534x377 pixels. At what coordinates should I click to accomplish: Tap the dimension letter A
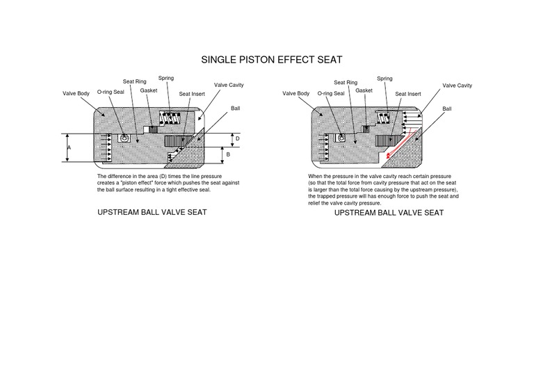point(69,148)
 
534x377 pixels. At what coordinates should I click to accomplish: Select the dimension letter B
point(229,154)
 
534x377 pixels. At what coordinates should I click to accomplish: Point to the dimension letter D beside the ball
point(237,139)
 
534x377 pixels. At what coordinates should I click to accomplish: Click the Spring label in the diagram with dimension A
point(166,78)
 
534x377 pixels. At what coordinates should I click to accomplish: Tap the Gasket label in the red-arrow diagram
point(364,90)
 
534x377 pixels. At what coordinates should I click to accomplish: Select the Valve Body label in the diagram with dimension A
point(76,93)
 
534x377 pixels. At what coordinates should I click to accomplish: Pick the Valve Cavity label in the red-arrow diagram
point(457,86)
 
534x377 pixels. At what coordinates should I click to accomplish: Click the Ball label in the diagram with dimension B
point(236,109)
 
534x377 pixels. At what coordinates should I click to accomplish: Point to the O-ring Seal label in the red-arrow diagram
point(331,93)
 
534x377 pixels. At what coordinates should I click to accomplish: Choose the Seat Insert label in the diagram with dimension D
point(191,93)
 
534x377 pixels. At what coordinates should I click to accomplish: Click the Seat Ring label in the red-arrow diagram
point(346,82)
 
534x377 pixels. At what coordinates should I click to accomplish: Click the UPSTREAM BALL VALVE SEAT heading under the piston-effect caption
point(153,212)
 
